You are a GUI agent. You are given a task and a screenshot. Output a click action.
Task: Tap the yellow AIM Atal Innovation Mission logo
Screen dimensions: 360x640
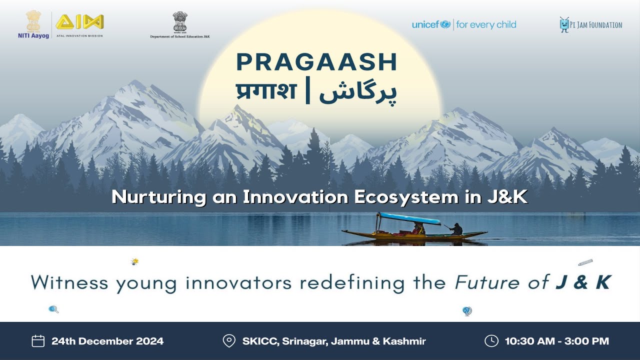tap(79, 22)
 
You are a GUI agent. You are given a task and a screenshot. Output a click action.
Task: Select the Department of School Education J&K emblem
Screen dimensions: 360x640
tap(180, 22)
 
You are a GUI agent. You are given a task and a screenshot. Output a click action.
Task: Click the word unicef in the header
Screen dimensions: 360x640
tap(425, 24)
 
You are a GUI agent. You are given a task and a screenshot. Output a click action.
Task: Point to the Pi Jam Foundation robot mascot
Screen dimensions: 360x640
tap(564, 24)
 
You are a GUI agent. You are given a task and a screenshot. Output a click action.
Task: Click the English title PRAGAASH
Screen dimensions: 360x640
tap(316, 62)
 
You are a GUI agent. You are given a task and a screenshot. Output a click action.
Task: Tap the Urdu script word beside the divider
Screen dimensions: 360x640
tap(358, 92)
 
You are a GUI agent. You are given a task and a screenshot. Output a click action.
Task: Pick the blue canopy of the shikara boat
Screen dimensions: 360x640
tap(408, 218)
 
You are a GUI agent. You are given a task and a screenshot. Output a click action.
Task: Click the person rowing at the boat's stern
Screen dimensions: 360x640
tap(456, 229)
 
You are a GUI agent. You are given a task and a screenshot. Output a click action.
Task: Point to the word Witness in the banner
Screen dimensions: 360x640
tap(69, 282)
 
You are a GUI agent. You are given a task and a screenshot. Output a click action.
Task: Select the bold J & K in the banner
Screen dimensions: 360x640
tap(583, 282)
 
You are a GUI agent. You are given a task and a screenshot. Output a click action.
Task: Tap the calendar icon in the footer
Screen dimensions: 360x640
tap(38, 341)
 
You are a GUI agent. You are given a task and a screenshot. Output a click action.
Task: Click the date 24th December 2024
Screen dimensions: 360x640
tap(107, 341)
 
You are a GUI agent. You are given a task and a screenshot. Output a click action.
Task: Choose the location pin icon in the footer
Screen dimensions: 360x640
tap(229, 341)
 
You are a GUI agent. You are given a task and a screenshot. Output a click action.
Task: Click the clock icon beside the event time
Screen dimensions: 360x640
tap(491, 341)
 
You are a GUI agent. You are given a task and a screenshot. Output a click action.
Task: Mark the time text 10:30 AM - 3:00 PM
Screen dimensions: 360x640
tap(556, 341)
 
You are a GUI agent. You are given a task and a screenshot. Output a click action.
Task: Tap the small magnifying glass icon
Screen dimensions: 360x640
tap(53, 309)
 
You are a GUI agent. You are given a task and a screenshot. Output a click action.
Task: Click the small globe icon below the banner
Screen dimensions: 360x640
tap(467, 311)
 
